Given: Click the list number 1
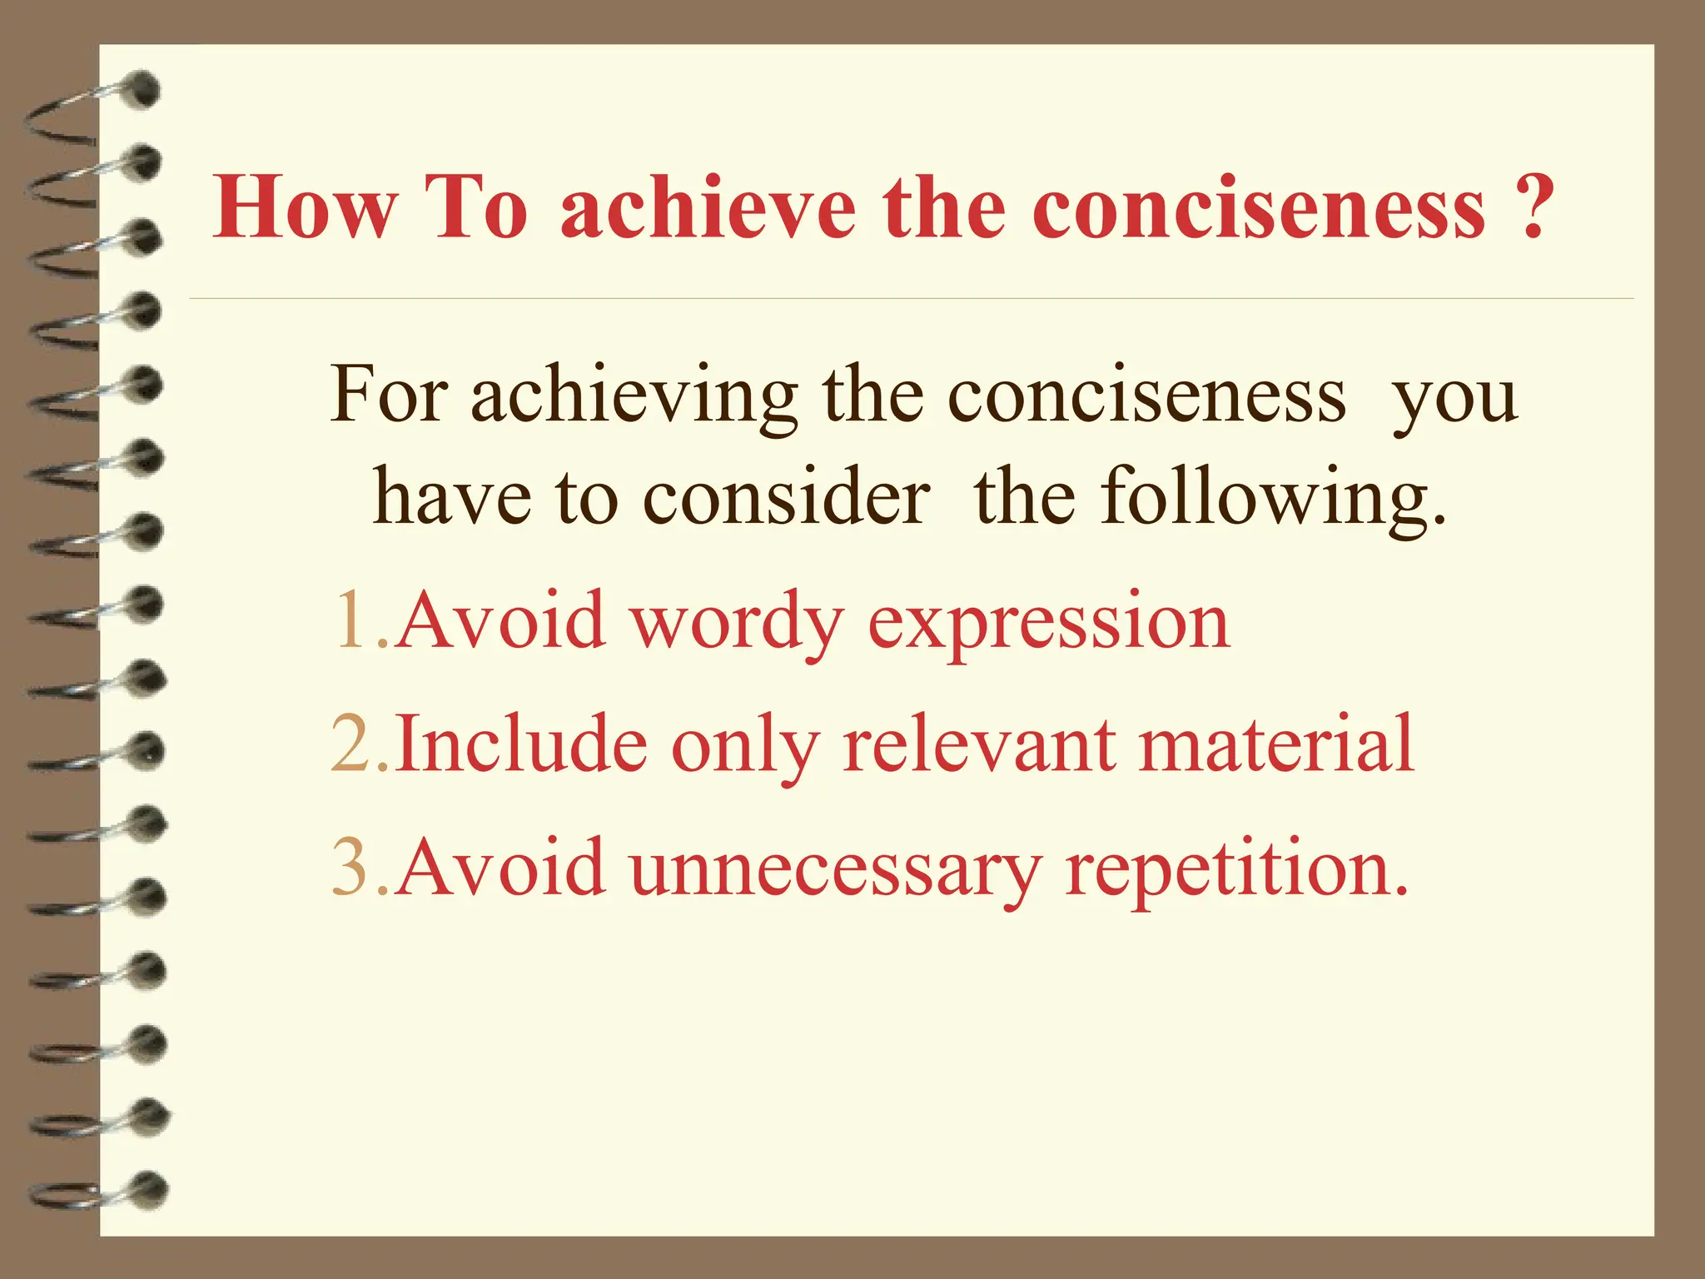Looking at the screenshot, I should coord(350,620).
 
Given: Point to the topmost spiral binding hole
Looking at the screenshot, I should coord(143,90).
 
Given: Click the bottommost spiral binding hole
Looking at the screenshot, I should coord(150,1188).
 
